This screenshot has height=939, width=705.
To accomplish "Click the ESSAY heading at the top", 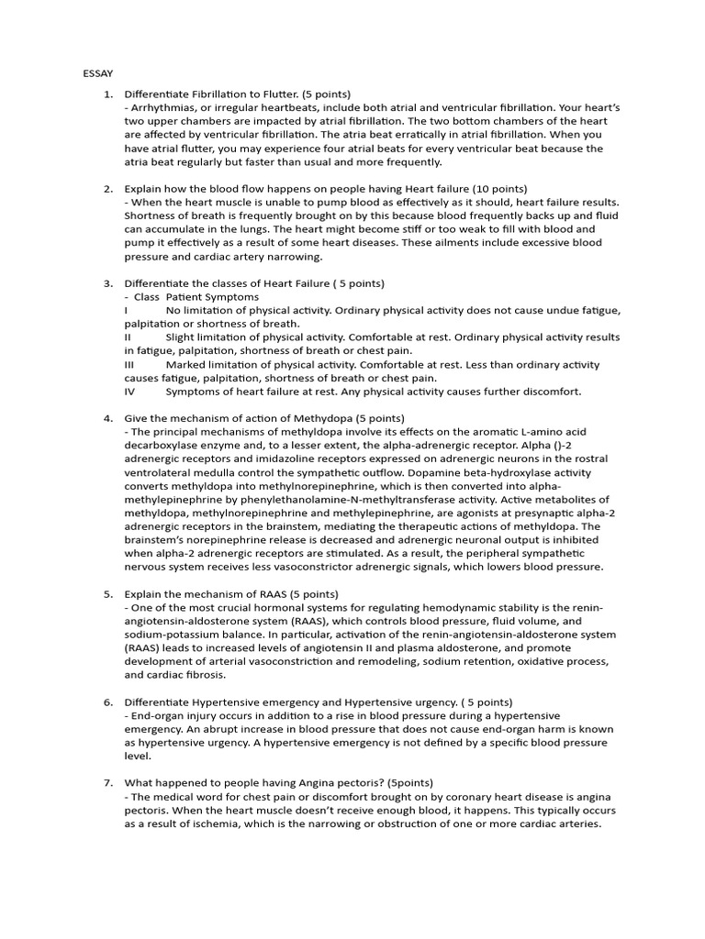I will point(97,72).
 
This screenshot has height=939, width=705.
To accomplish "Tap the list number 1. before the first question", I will point(107,94).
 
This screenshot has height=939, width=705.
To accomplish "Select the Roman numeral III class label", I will point(129,364).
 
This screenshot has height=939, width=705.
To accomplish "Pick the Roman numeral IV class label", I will point(129,392).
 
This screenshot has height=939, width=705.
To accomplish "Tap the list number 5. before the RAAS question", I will point(107,593).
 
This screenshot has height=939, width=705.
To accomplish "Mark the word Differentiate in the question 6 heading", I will point(159,701).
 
